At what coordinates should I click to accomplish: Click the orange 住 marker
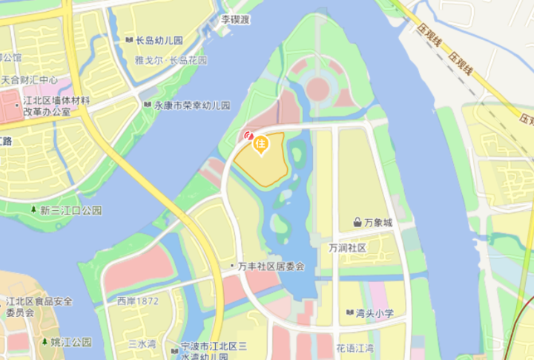tap(260, 145)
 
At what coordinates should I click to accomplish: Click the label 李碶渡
tap(236, 19)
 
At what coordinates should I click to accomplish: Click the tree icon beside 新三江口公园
tap(34, 210)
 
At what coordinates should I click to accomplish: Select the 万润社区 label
tap(348, 247)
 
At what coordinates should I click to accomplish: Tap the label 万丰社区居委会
tap(271, 266)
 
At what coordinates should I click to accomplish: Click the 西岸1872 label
tap(138, 301)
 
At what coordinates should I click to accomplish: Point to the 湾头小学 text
tap(375, 313)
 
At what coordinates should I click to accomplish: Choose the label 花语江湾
tap(355, 347)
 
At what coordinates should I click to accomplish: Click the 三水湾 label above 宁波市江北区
tap(142, 344)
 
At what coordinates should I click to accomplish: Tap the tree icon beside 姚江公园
tap(44, 342)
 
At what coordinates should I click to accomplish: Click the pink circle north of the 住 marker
tap(317, 89)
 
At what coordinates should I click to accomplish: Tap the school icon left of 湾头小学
tap(349, 313)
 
